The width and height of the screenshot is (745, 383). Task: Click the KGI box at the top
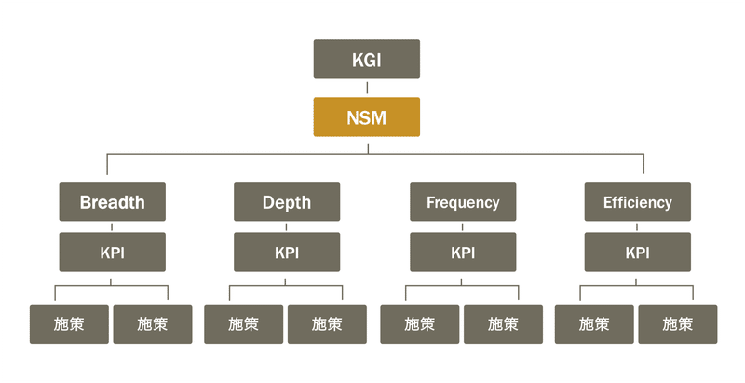click(366, 60)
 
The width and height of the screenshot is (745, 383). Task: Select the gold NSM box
click(366, 117)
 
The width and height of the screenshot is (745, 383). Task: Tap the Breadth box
click(112, 201)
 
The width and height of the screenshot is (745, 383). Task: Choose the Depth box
click(287, 201)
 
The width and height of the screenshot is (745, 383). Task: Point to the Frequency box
click(463, 201)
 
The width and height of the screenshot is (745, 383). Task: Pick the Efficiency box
click(637, 201)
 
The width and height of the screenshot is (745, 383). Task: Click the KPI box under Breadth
click(112, 253)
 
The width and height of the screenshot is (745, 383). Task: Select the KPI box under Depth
click(287, 253)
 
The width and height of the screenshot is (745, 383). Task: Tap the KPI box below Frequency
click(463, 253)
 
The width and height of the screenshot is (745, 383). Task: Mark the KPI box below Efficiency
click(637, 253)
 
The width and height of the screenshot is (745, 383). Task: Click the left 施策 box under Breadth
click(69, 324)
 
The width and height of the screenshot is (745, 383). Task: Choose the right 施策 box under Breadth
click(153, 324)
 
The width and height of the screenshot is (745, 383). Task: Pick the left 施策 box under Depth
click(244, 324)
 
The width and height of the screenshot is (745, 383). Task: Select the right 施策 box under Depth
click(327, 324)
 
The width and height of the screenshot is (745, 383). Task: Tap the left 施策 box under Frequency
click(419, 324)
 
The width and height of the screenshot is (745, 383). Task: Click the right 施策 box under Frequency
click(503, 324)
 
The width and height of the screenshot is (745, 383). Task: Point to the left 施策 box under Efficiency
click(594, 324)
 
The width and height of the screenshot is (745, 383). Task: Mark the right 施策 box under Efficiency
click(678, 324)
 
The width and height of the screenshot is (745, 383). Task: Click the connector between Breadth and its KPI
click(112, 226)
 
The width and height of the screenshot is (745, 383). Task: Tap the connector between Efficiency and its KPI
click(638, 226)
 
